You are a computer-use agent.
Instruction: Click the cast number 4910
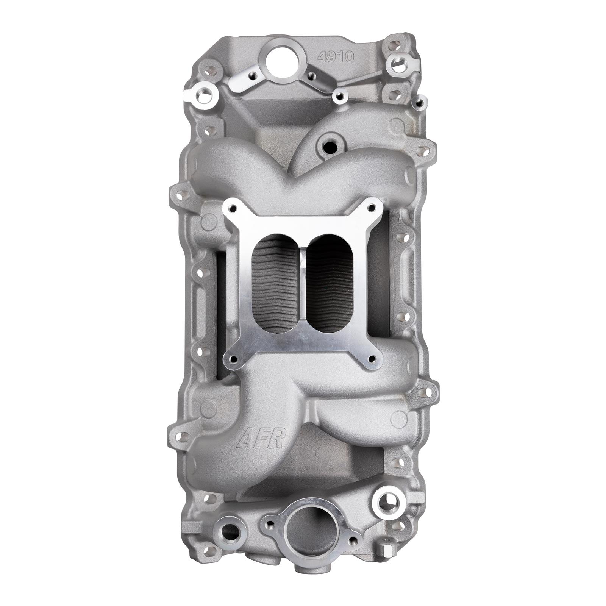point(336,57)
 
